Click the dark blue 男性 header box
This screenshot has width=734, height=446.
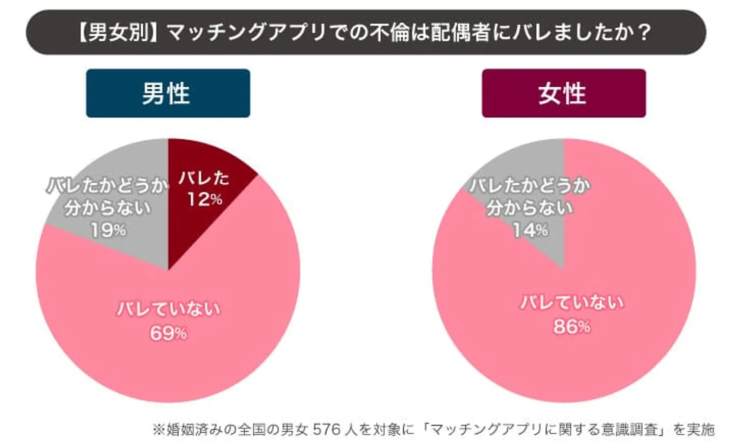[168, 93]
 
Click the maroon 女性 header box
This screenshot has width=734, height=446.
[563, 93]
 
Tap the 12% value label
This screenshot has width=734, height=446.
[204, 199]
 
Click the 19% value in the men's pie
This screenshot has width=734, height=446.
[108, 230]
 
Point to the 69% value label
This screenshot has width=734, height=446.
[168, 333]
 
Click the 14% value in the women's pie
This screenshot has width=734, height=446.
[530, 230]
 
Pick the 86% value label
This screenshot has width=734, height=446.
[571, 326]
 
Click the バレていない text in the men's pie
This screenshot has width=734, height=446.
[168, 309]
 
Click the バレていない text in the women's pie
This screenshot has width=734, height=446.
[571, 303]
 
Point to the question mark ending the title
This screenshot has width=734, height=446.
[644, 32]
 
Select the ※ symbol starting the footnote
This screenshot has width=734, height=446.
[159, 429]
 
